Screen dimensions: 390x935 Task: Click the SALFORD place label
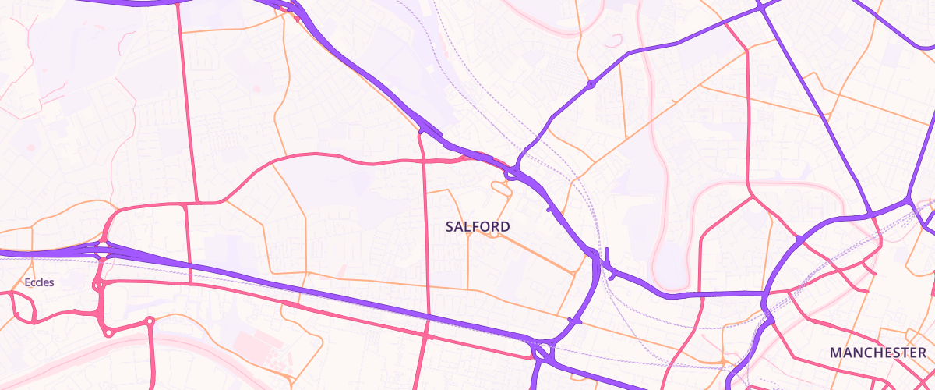478,226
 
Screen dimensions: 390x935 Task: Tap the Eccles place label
39,282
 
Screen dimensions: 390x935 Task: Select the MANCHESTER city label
878,353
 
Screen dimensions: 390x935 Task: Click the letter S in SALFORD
450,226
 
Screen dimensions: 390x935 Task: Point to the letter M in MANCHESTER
836,353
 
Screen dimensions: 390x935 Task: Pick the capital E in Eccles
28,282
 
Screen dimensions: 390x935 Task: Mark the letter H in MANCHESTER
873,353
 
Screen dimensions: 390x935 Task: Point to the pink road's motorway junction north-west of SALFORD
422,134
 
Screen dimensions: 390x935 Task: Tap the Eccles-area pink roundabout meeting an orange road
149,321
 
